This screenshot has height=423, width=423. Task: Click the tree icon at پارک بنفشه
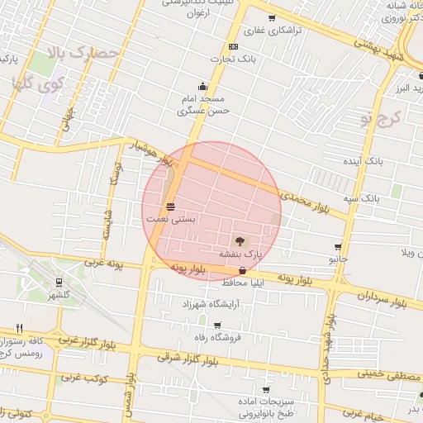tap(240, 241)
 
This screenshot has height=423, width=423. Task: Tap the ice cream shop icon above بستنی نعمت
tap(170, 206)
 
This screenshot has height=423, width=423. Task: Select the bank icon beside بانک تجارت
tap(233, 46)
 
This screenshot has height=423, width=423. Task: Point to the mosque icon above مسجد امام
tap(202, 86)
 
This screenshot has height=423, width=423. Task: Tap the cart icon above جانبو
tap(338, 247)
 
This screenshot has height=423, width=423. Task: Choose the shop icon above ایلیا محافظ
tap(242, 270)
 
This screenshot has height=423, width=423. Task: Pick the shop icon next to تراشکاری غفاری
tap(272, 17)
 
